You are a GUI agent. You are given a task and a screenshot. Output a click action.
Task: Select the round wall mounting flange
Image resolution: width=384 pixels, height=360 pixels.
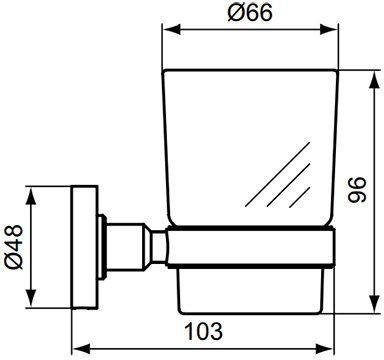click(x=84, y=244)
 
